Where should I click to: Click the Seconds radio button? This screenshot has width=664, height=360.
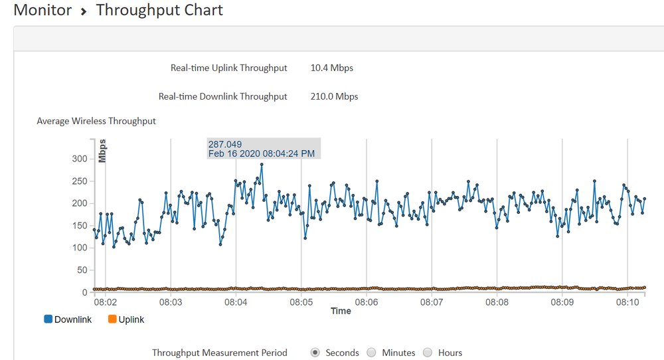coord(315,353)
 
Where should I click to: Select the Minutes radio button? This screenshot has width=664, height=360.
coord(371,353)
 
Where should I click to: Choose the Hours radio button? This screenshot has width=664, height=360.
coord(428,353)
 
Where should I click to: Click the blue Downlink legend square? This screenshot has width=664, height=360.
coord(48,319)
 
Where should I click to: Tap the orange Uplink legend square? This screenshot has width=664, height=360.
coord(112,319)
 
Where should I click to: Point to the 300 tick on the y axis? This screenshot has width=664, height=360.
coord(79,159)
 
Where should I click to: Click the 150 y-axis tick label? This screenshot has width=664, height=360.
coord(79,226)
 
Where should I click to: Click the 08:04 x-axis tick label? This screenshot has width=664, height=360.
coord(236,302)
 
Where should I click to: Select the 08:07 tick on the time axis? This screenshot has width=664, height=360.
coord(432,302)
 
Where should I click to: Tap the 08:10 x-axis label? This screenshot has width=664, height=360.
coord(627,302)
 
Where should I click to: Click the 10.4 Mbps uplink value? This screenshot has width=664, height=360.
coord(331,68)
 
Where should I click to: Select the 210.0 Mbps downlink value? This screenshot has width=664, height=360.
coord(334,96)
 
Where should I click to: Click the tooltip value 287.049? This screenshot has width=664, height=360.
coord(225,144)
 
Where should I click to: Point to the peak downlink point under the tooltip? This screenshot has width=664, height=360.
coord(262,165)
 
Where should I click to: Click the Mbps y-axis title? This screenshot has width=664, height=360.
coord(102,151)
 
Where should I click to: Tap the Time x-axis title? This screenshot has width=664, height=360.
coord(341,311)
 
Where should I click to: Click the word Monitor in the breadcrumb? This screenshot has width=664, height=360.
coord(42,11)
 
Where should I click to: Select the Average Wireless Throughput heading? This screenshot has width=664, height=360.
coord(96,121)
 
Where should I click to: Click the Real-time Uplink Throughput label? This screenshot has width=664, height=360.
coord(228,68)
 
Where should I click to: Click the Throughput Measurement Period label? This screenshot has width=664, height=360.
coord(219,353)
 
